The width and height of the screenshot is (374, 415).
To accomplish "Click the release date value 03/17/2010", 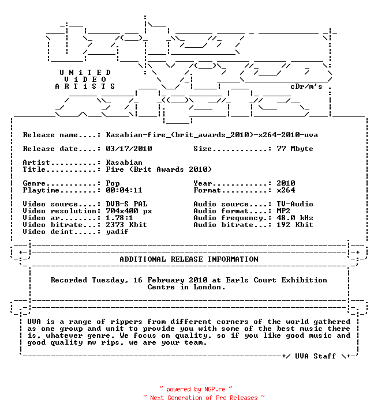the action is pos(129,149).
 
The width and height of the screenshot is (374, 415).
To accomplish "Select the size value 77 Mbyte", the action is pos(295,149).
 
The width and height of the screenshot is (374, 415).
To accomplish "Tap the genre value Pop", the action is pos(113,183).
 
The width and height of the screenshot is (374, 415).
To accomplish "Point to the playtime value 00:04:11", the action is pos(124,190).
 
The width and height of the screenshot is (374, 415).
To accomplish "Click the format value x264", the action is pos(286,190).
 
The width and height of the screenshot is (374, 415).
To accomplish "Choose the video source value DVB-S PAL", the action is pos(127,204).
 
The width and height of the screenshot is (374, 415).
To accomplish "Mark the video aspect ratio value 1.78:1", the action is pos(119,218).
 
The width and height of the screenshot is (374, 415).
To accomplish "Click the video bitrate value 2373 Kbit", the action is pos(126,225).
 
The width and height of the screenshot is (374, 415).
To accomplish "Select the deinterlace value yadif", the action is pos(117,232).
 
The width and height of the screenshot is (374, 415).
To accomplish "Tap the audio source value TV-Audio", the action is pos(295,204).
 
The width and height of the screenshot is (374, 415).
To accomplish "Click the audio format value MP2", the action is pos(283,211).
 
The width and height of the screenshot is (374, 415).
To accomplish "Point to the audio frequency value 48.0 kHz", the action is pos(295,218).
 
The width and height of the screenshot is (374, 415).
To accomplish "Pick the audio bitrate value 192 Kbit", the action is pos(295,225).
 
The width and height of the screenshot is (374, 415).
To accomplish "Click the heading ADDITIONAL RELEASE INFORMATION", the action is pos(189,259).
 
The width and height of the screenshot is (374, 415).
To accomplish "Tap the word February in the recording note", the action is pos(166,280).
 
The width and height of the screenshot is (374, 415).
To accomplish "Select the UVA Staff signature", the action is pos(316,356).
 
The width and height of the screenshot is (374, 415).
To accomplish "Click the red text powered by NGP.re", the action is pos(196,389).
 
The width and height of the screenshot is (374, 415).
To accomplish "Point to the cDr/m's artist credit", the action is pos(306,86).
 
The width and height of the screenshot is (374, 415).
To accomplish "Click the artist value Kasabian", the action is pos(124,163).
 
